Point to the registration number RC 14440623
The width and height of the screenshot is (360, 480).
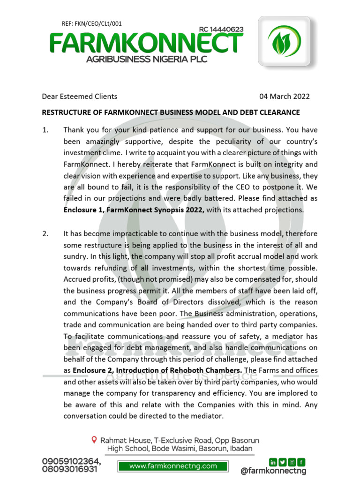221,30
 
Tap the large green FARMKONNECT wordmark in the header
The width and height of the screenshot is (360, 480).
146,44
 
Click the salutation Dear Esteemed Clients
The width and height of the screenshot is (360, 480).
80,97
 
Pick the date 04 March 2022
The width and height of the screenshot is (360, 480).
285,97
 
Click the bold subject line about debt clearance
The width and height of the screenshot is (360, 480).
171,112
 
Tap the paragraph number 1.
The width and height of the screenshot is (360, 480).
45,130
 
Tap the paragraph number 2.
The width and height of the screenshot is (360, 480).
45,233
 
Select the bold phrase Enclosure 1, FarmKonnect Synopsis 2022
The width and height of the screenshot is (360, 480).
134,210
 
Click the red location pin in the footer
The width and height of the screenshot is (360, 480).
94,440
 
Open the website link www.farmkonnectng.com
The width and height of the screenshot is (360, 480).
173,466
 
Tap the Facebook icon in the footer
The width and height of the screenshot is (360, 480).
301,462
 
